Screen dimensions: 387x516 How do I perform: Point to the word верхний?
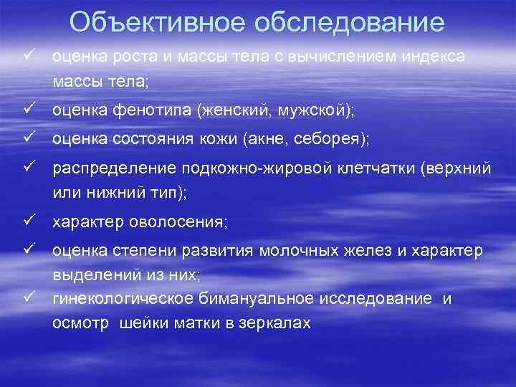click(460, 168)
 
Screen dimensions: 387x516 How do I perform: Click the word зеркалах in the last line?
click(275, 323)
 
